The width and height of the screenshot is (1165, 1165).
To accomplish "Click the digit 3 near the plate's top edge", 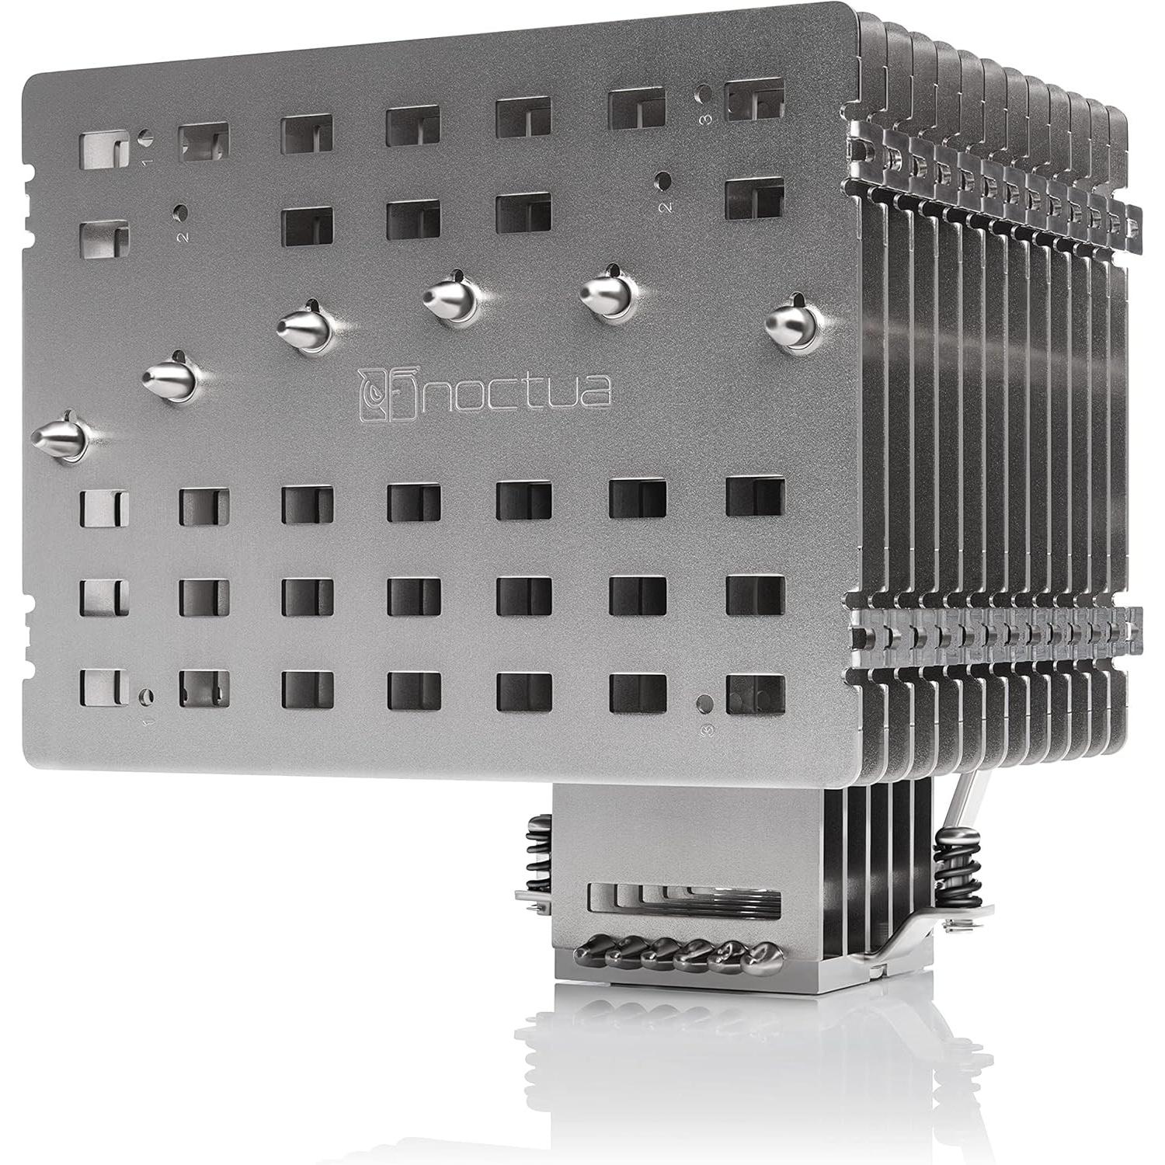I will [705, 118].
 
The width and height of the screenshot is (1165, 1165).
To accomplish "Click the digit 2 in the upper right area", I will [665, 207].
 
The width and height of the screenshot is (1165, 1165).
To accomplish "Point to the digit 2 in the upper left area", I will [183, 235].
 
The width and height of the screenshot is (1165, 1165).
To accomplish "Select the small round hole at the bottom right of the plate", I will [704, 704].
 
